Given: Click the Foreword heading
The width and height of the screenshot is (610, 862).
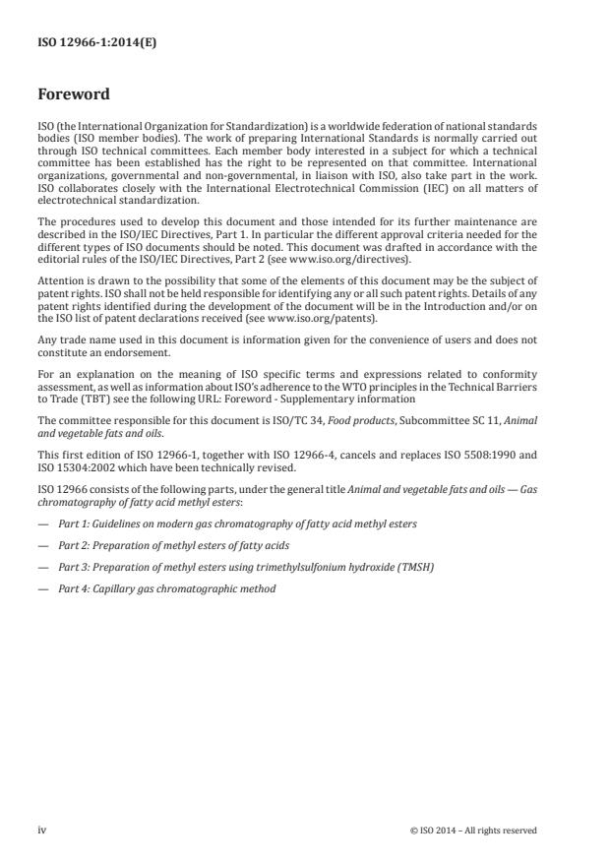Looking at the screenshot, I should click(x=73, y=95).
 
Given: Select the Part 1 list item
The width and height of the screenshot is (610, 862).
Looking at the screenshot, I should click(x=236, y=523).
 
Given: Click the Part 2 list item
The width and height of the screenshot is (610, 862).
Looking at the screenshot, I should click(x=173, y=545).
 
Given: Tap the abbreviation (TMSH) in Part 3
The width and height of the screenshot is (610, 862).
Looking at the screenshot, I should click(x=388, y=568).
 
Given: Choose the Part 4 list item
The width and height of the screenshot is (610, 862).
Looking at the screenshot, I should click(x=166, y=589).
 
